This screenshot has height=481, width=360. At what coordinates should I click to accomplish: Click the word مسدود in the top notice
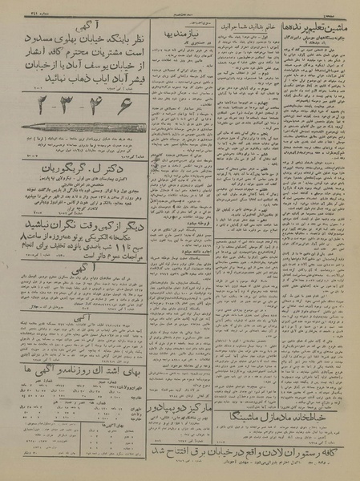21,36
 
